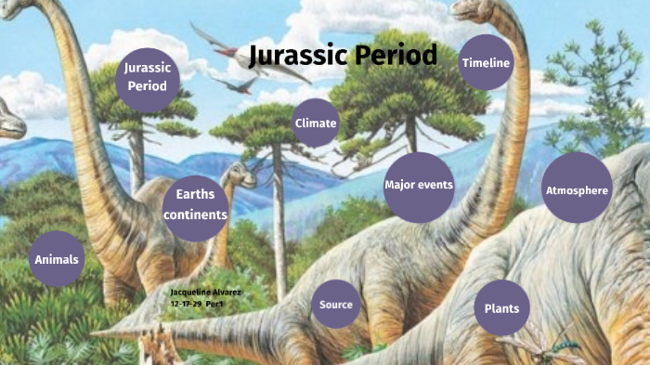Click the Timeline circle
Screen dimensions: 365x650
pos(487,62)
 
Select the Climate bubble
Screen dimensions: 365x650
pos(316,123)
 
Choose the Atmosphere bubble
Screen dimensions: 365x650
pos(577,190)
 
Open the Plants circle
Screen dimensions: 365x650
pos(502,308)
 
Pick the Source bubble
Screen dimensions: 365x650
pos(335,305)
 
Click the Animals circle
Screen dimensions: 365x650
pos(57,259)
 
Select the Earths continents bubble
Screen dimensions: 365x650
pos(195,202)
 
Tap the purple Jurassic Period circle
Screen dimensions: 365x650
pos(147,77)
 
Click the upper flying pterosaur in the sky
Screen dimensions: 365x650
pos(212,39)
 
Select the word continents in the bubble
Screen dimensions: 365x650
pos(195,215)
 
